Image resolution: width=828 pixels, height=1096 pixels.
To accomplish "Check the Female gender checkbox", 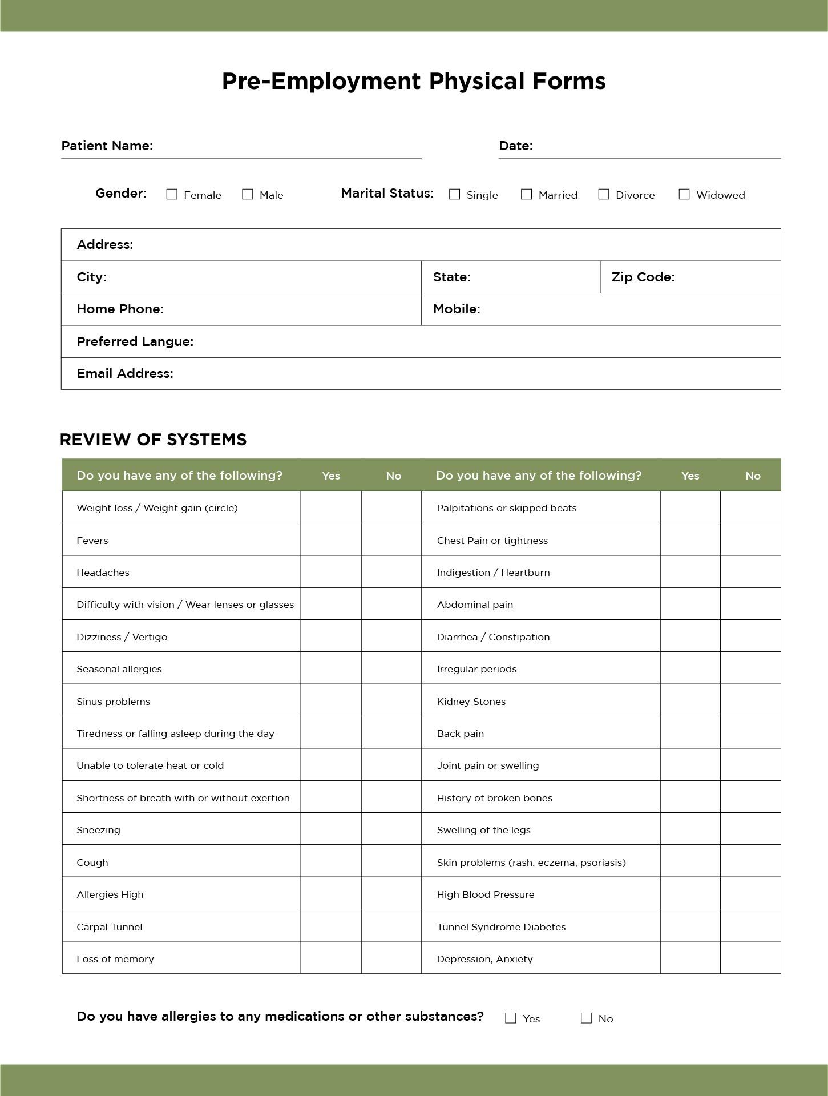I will tap(172, 194).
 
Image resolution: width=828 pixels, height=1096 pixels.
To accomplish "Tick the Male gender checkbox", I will tap(248, 194).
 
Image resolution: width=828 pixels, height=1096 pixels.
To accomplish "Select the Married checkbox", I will tap(527, 194).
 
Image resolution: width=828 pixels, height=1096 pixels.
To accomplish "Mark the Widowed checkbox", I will tap(684, 194).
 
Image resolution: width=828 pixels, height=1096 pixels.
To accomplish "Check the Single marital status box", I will tap(455, 194).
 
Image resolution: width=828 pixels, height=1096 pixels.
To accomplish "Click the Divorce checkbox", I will tap(604, 194).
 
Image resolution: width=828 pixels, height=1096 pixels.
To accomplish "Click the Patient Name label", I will tap(107, 146).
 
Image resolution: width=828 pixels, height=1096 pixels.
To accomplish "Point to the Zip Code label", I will tap(643, 277).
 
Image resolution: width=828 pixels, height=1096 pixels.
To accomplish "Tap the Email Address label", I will tap(124, 373).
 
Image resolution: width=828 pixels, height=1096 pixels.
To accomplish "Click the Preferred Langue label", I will tap(135, 341).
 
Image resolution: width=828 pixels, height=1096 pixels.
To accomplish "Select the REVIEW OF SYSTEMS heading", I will tap(153, 440).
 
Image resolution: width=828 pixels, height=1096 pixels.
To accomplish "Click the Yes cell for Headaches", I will tap(331, 572).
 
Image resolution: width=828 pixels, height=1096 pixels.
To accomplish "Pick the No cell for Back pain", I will tap(750, 733).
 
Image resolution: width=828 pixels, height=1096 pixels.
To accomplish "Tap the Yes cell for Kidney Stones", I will tap(690, 701).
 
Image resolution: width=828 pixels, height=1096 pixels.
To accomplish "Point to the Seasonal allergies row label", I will tap(119, 669).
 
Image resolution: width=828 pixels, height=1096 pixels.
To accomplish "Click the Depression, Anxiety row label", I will tap(484, 959).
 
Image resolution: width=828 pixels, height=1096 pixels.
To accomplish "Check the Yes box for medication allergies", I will tap(511, 1018).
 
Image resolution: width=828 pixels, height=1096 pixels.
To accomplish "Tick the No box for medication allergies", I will tap(586, 1018).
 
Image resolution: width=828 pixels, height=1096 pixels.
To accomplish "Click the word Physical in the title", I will tap(476, 81).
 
